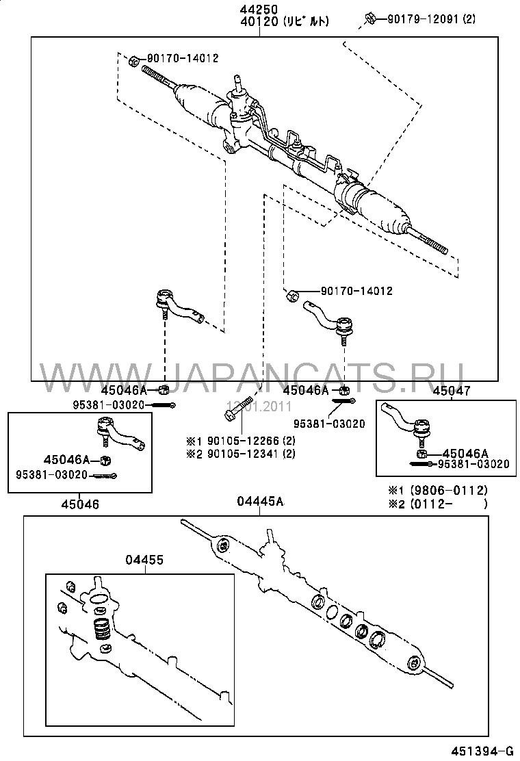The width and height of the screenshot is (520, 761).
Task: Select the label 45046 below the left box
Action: (80, 504)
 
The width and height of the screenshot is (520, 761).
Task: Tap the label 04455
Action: (144, 560)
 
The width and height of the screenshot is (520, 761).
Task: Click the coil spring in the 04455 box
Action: (101, 630)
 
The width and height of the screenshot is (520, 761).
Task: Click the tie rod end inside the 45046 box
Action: (116, 435)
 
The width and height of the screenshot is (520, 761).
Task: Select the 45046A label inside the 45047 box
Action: (465, 453)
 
